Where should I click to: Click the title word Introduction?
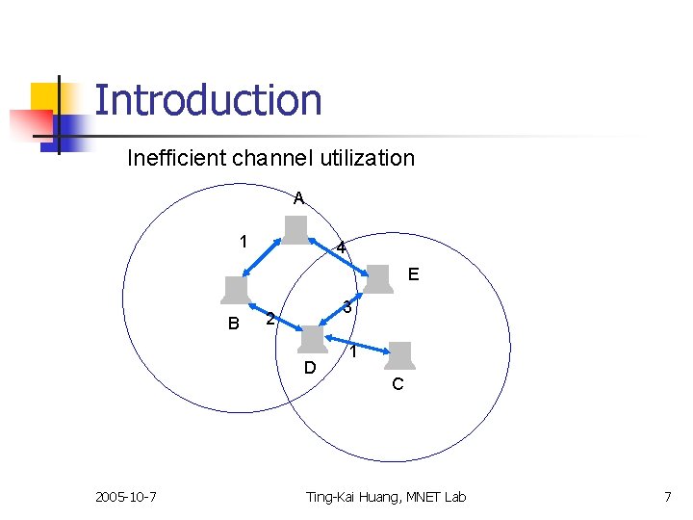pyautogui.click(x=208, y=100)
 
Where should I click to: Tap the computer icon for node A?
pyautogui.click(x=295, y=231)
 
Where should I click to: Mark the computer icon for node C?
pyautogui.click(x=398, y=356)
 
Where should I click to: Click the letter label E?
pyautogui.click(x=413, y=274)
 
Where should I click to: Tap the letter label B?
pyautogui.click(x=233, y=324)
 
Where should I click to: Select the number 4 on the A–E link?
pyautogui.click(x=341, y=249)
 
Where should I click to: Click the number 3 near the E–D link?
pyautogui.click(x=349, y=307)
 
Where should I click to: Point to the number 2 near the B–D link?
pyautogui.click(x=270, y=319)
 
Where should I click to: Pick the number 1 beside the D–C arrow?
pyautogui.click(x=354, y=353)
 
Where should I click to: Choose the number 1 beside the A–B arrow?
pyautogui.click(x=244, y=241)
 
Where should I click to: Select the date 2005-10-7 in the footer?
pyautogui.click(x=127, y=497)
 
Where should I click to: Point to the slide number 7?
pyautogui.click(x=667, y=497)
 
